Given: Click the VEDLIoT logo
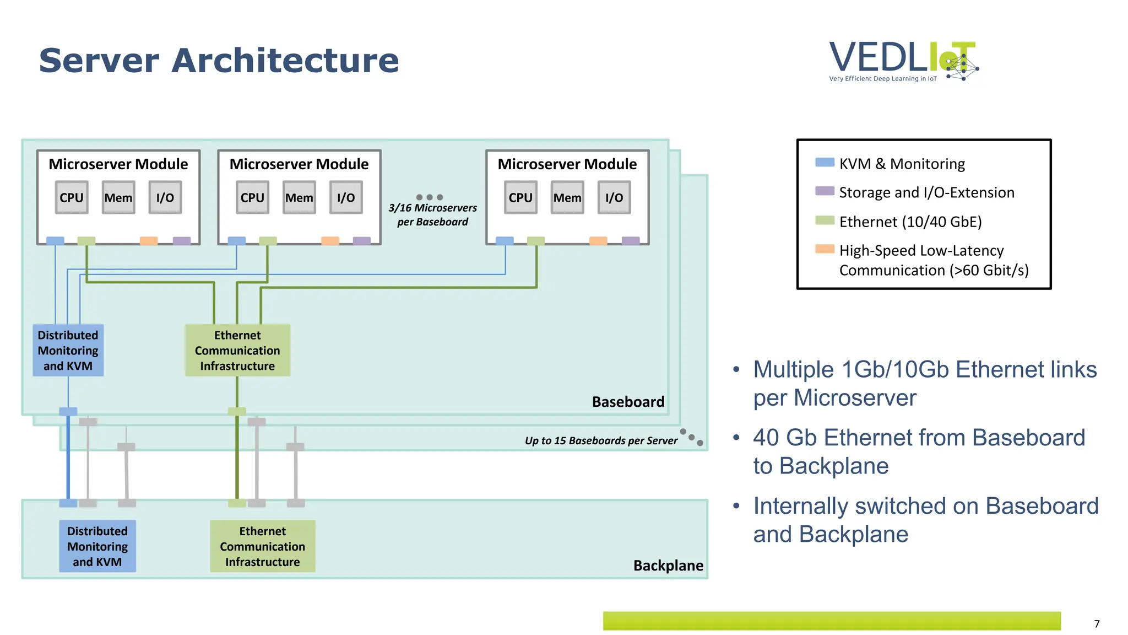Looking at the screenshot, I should point(903,61).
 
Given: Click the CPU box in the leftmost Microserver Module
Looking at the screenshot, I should point(72,197).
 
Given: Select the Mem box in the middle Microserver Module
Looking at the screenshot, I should point(299,197).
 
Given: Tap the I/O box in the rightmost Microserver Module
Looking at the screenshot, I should point(614,197).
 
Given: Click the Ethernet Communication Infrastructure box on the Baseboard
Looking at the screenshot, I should point(237,351).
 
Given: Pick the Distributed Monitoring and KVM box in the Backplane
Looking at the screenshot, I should point(97,546).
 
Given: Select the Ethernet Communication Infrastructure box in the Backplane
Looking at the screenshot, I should point(263,546).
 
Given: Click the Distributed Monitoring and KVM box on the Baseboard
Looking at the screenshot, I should point(68,351).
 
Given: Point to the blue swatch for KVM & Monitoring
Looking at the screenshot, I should point(825,162).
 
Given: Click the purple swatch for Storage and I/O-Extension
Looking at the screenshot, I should point(825,191).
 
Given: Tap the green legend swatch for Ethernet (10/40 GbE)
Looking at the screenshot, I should point(825,220).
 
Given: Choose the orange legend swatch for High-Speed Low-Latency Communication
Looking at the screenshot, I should point(825,249).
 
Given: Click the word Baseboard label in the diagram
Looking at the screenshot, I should point(628,402).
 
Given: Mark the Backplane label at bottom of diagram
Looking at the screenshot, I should point(668,566).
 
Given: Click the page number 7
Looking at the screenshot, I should point(1097,624).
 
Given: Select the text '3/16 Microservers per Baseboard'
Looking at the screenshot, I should point(433,215).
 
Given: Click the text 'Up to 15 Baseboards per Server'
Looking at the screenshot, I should point(601,440).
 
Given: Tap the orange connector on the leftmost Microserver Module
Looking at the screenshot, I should point(149,241).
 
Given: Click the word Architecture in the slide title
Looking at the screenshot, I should point(285,60).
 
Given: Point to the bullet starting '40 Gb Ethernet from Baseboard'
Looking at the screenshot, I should point(919,451).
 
